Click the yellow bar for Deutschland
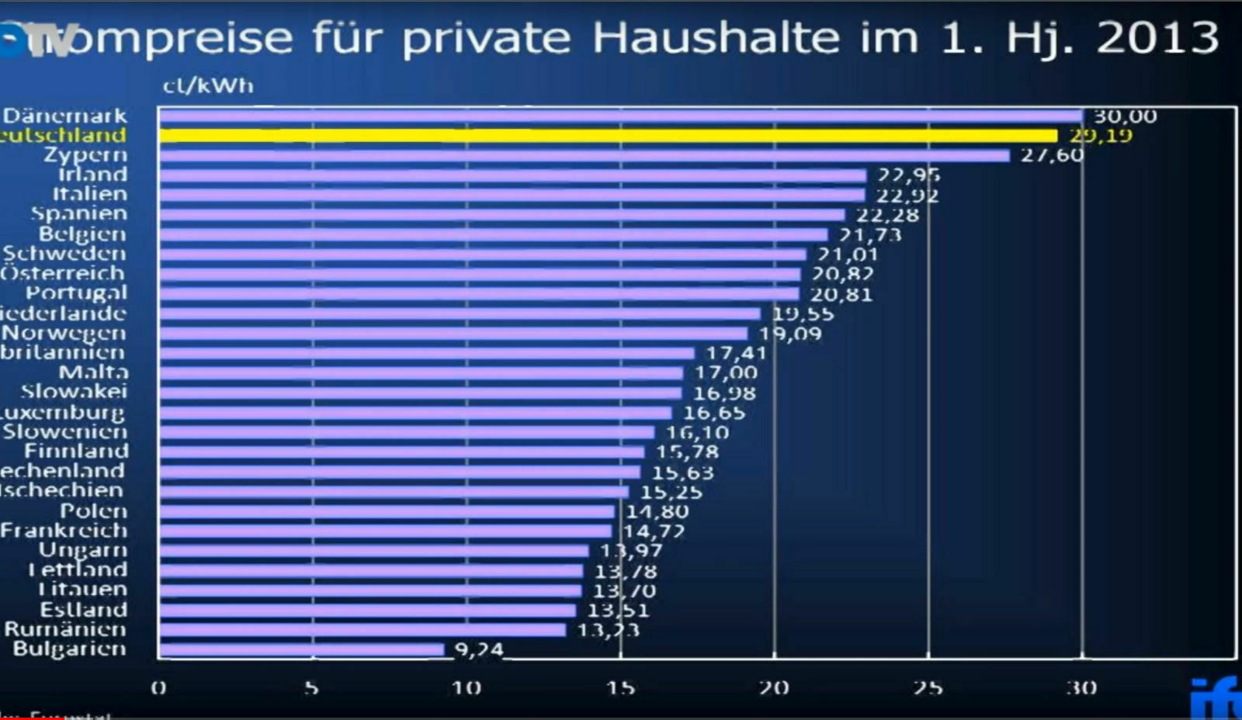[608, 136]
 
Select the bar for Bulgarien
[302, 649]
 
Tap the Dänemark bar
[620, 116]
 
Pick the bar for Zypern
[584, 155]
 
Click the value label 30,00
[1125, 116]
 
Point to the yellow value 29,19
[1101, 136]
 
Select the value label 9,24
[479, 649]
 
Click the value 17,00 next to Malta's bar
[726, 373]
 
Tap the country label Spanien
[78, 213]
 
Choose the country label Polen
[93, 511]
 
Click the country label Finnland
[76, 452]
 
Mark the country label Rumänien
[65, 629]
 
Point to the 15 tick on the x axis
[620, 688]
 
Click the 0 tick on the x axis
[158, 688]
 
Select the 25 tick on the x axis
[928, 688]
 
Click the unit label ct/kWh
[208, 85]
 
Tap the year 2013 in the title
[1157, 37]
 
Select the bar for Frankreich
[386, 531]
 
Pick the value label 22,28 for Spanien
[887, 215]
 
